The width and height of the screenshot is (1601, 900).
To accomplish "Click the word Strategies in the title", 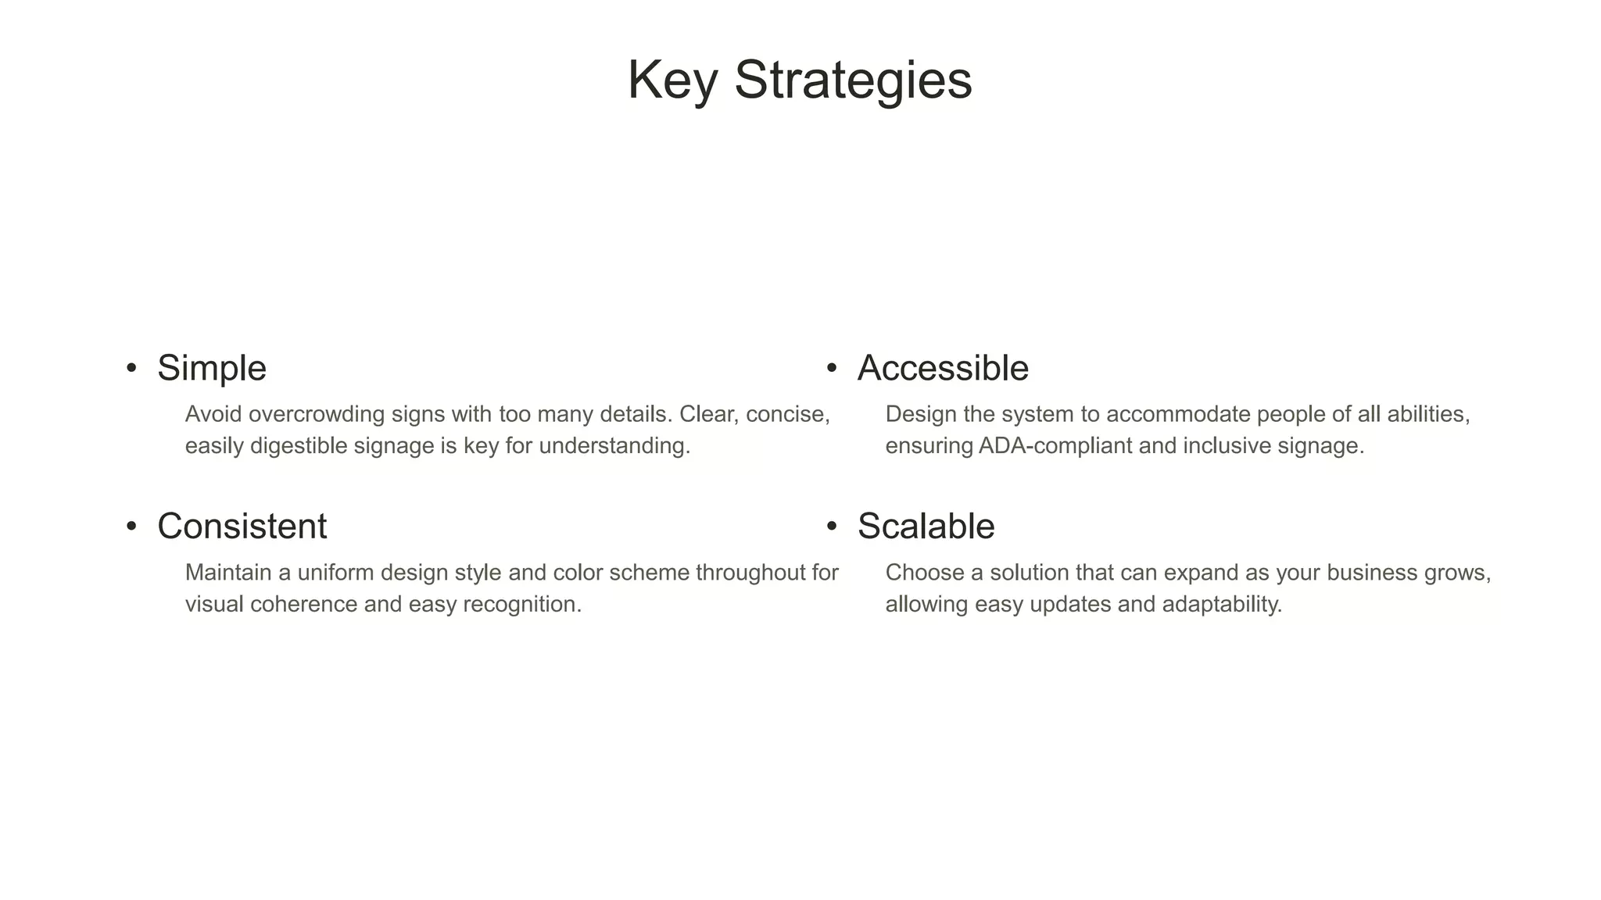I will click(853, 80).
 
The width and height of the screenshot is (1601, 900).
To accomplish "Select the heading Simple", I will click(212, 368).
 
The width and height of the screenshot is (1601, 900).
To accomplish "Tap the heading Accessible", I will click(943, 368).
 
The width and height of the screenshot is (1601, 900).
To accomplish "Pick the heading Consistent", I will click(242, 526).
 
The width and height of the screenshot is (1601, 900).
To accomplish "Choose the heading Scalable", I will click(926, 526).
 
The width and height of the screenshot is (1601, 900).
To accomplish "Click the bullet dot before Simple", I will click(131, 367).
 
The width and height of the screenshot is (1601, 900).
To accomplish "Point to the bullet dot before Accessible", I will click(832, 367).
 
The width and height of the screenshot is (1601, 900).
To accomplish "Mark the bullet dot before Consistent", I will click(131, 526).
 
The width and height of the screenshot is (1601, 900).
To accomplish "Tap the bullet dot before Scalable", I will click(832, 526).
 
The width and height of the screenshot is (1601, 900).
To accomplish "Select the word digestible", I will click(299, 446).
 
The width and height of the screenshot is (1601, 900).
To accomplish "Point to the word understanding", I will click(614, 446).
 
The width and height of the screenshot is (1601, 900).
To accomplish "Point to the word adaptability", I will click(1222, 604).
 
